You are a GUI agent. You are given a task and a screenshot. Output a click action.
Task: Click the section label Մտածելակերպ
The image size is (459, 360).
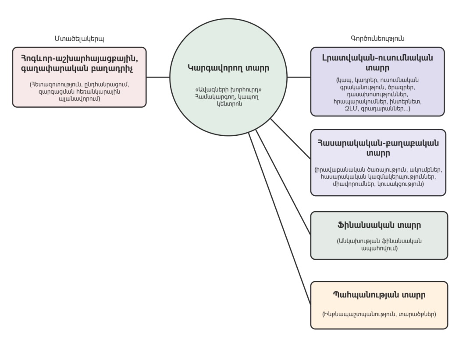tap(79, 38)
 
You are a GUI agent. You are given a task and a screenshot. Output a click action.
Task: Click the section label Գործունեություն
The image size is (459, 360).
tap(377, 38)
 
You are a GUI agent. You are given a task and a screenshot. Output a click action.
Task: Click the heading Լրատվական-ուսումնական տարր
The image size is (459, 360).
tap(377, 63)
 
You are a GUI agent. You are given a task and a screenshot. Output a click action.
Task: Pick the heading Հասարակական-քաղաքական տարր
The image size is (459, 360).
tap(377, 148)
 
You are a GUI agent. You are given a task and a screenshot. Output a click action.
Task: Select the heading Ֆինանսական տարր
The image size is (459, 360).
tap(379, 226)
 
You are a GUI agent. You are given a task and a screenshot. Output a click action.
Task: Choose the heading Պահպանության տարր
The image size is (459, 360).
tap(379, 295)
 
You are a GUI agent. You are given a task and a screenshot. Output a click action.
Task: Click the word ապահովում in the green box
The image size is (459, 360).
tap(380, 248)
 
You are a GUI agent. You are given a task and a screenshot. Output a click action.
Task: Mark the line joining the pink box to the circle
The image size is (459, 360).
tap(158, 77)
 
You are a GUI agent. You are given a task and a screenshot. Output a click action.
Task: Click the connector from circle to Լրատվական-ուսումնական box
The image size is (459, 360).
tap(299, 77)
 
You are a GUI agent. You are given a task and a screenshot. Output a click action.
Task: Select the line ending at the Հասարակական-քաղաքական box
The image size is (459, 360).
tap(290, 139)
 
